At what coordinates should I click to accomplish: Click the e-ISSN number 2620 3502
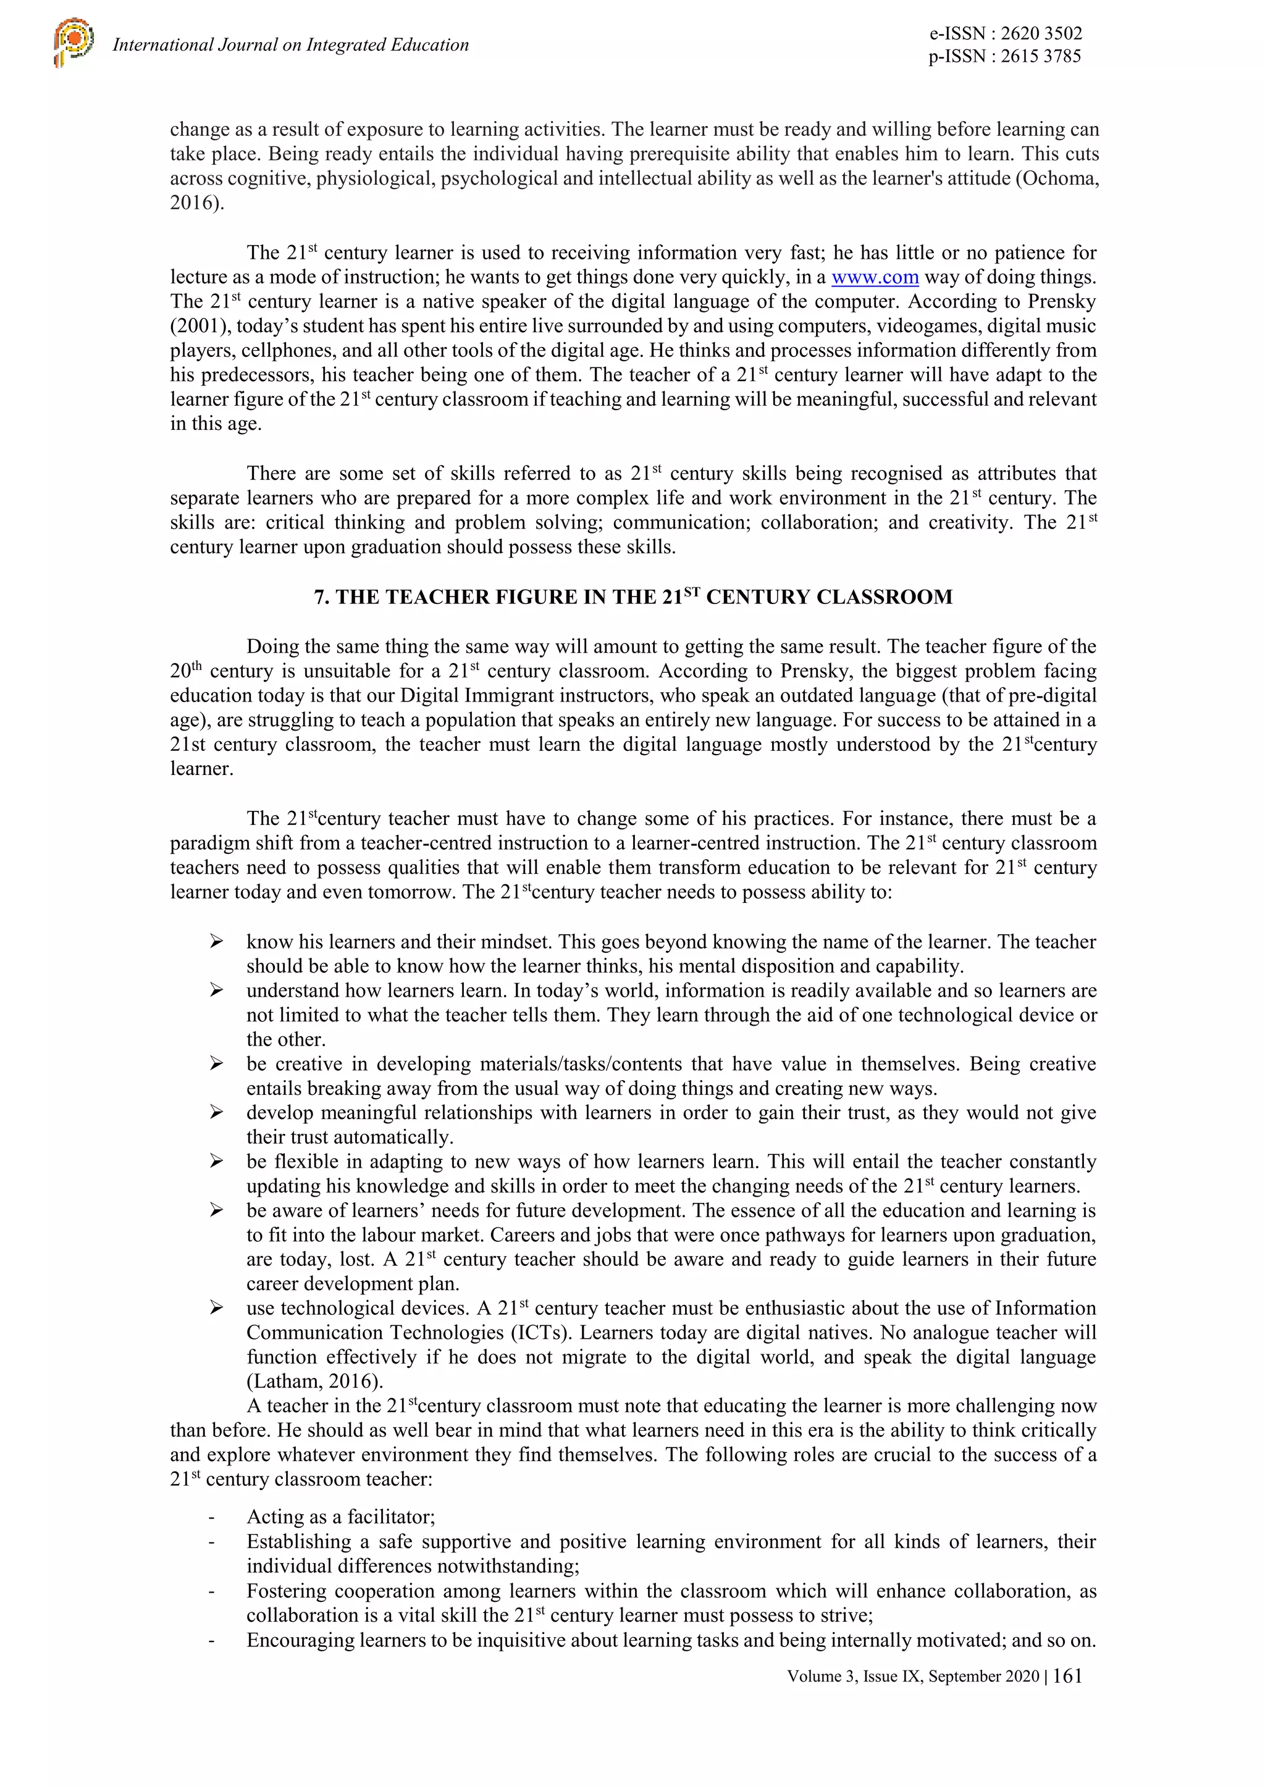(x=1041, y=33)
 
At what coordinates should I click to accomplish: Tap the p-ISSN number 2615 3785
(x=1041, y=56)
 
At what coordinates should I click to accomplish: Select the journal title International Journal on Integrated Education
(x=291, y=45)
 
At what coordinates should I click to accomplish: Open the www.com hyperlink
(x=875, y=277)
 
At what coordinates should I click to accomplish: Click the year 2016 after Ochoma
(x=191, y=203)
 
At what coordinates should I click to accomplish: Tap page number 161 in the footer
(x=1067, y=1676)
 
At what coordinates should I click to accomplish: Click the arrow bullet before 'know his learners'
(x=217, y=942)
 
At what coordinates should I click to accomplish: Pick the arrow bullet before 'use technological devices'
(x=217, y=1308)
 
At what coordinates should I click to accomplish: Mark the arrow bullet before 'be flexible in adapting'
(x=217, y=1162)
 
